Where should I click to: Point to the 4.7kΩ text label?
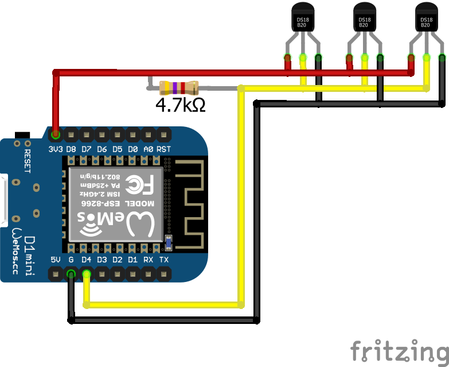coord(181,105)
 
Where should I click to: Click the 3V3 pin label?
coord(55,149)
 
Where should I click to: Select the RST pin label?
coord(163,149)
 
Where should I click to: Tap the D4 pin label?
coord(87,260)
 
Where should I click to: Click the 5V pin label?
coord(56,260)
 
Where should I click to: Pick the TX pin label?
coord(163,260)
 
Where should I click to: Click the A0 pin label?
coord(148,149)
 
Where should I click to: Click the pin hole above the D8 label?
coord(71,136)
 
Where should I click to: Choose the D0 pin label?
coord(132,149)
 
